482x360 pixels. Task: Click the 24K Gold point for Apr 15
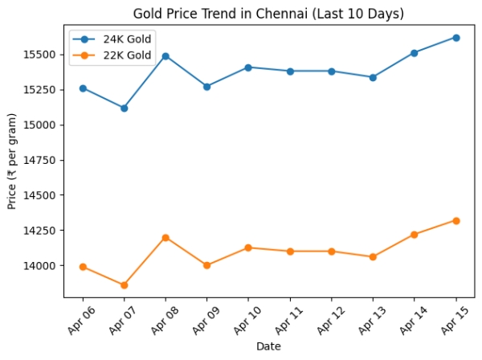point(455,38)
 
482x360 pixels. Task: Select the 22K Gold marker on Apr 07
point(124,285)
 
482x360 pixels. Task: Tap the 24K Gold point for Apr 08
point(165,56)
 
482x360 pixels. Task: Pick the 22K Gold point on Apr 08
point(165,238)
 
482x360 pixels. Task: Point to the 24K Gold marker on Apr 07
point(124,108)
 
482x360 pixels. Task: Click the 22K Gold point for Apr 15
point(455,220)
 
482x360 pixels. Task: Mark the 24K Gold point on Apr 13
point(373,77)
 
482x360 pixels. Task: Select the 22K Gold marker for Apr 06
point(83,267)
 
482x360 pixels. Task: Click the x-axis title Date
point(268,346)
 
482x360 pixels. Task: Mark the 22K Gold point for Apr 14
point(414,235)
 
